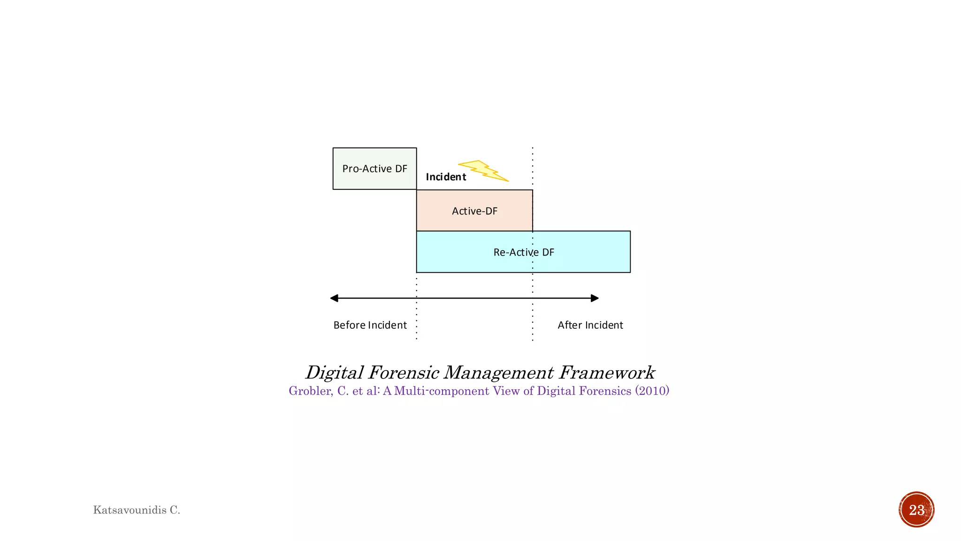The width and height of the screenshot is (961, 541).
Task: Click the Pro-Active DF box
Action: pyautogui.click(x=374, y=169)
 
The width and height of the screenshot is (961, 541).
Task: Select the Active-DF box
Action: pyautogui.click(x=474, y=211)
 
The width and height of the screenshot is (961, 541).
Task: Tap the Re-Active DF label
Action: pyautogui.click(x=524, y=252)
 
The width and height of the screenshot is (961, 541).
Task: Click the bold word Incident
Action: pyautogui.click(x=446, y=177)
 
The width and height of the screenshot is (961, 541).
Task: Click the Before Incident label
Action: pyautogui.click(x=370, y=325)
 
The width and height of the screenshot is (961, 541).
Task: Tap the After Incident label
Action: pyautogui.click(x=590, y=325)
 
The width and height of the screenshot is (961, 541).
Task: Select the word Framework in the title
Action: pyautogui.click(x=606, y=372)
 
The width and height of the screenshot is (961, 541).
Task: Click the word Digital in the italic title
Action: pyautogui.click(x=334, y=372)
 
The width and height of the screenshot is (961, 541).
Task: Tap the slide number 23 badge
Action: pyautogui.click(x=916, y=510)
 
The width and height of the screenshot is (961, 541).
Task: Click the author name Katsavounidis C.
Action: pyautogui.click(x=137, y=510)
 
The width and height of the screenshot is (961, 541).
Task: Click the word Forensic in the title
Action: pyautogui.click(x=404, y=372)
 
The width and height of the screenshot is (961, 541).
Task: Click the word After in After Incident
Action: pyautogui.click(x=570, y=325)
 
